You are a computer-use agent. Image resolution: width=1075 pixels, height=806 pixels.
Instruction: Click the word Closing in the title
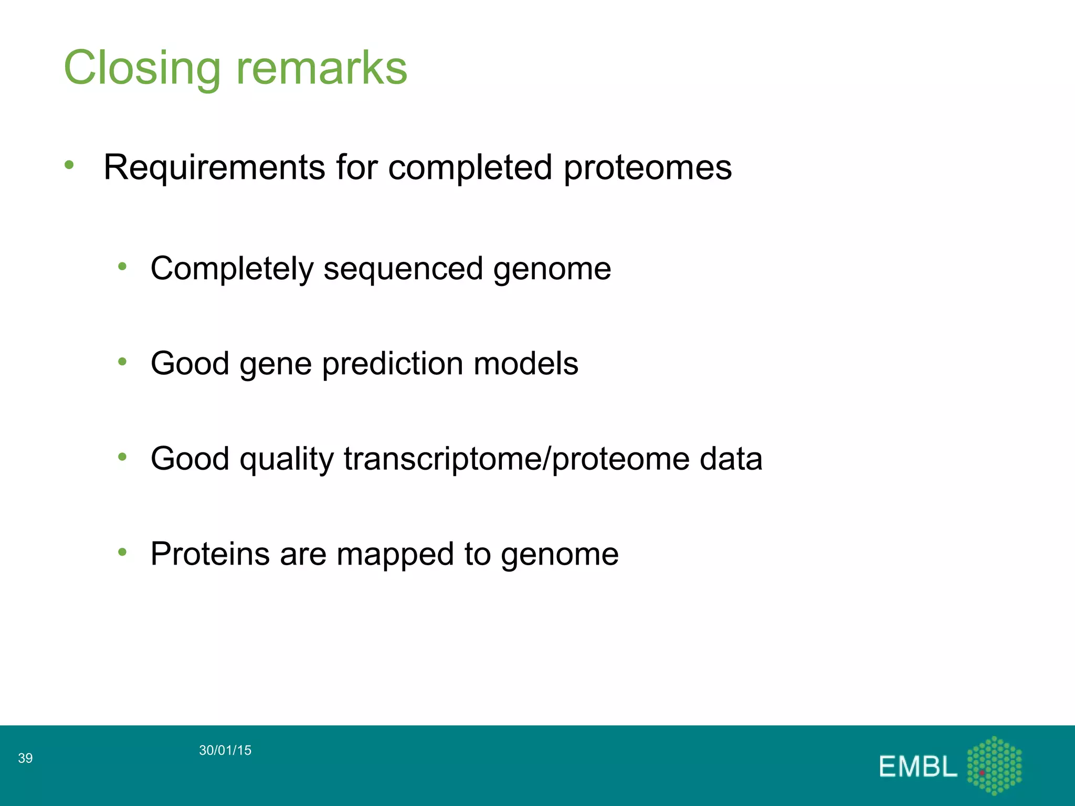(142, 68)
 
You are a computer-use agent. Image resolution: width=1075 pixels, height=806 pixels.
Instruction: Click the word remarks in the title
(322, 68)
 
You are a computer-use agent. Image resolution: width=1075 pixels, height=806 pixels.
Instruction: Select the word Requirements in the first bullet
(214, 168)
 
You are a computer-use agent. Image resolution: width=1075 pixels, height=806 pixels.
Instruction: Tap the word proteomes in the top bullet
(647, 168)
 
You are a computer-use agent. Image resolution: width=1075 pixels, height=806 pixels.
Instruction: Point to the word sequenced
(403, 269)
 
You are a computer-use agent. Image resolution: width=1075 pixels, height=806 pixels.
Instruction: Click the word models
(525, 364)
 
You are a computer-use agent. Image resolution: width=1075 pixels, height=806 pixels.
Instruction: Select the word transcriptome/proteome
(516, 459)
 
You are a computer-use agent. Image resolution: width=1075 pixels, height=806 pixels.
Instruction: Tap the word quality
(287, 459)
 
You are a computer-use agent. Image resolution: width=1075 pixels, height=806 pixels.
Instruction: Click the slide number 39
(25, 758)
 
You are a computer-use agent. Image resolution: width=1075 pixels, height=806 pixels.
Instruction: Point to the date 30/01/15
(225, 750)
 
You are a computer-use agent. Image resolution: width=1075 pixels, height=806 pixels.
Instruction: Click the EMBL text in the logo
(918, 767)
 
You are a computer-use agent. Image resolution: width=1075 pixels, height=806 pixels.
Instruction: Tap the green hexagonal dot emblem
(994, 765)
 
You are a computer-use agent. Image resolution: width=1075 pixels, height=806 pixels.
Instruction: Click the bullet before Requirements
(69, 165)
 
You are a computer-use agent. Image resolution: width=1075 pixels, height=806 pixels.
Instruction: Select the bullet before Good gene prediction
(122, 362)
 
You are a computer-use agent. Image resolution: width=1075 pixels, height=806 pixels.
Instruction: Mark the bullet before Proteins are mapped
(122, 552)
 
